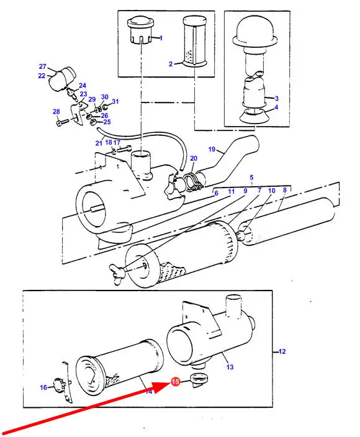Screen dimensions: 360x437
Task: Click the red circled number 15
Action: [175, 381]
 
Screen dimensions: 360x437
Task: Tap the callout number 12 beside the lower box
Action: [282, 351]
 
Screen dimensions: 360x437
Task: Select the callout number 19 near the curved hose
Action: [212, 150]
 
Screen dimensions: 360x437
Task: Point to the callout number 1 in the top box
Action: [161, 38]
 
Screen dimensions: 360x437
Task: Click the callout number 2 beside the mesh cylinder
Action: [171, 64]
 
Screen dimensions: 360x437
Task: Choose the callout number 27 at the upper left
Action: [42, 66]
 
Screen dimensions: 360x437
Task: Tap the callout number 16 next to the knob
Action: [43, 387]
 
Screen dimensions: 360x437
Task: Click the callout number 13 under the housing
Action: [230, 367]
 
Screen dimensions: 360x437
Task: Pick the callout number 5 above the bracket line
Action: [251, 178]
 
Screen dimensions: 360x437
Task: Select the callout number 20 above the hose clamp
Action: [194, 158]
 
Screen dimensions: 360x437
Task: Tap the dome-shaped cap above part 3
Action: [255, 30]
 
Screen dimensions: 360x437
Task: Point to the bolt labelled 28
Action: [63, 122]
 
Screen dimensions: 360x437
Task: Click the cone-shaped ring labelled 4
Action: [254, 115]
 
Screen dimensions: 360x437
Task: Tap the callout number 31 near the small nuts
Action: [115, 101]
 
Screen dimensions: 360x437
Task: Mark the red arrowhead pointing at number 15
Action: [161, 386]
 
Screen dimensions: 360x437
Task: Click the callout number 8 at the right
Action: [284, 190]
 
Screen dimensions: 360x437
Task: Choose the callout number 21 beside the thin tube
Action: [99, 143]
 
